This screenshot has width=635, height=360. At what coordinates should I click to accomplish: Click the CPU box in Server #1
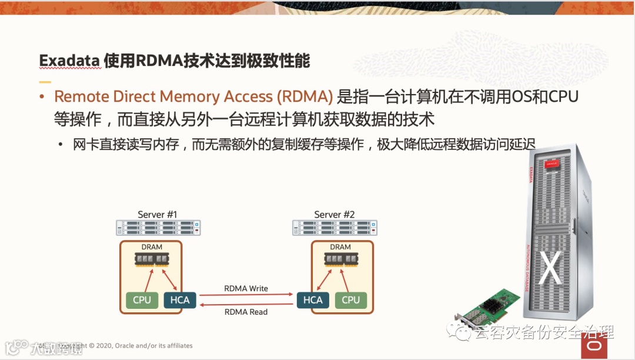click(142, 300)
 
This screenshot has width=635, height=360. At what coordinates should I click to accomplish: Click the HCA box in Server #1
click(179, 300)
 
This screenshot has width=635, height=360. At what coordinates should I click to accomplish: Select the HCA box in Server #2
click(313, 300)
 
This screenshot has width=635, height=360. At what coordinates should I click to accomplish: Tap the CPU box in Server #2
click(350, 300)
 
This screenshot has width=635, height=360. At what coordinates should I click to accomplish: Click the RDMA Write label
click(246, 289)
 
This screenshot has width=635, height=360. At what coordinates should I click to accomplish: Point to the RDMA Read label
click(246, 312)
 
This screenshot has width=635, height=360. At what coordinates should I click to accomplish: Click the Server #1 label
click(157, 215)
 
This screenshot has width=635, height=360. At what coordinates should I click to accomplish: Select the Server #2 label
click(334, 215)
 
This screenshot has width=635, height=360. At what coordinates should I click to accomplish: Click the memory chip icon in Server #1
click(152, 259)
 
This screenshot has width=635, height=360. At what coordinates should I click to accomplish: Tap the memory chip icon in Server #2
click(340, 259)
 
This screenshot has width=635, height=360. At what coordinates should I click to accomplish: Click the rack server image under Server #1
click(158, 228)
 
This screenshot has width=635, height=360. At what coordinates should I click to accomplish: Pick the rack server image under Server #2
click(335, 228)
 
